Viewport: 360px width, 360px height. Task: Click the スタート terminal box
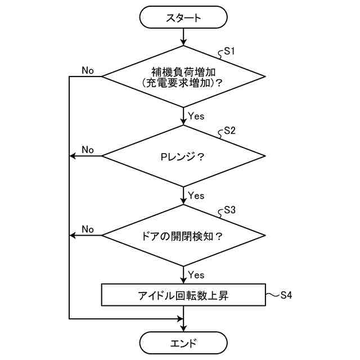click(x=183, y=18)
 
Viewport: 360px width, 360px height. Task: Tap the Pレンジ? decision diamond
click(x=183, y=156)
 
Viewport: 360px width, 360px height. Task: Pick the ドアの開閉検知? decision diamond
click(x=183, y=235)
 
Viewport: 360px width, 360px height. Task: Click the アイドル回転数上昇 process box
click(x=183, y=295)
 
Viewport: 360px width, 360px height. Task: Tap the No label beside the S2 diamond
click(x=88, y=150)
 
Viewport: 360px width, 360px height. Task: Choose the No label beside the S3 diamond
click(x=88, y=229)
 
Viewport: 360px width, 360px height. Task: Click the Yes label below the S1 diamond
click(x=196, y=116)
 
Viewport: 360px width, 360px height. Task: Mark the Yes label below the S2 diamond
click(x=196, y=196)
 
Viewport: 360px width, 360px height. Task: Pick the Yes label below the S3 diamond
click(x=196, y=275)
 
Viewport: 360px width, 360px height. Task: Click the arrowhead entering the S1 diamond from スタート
click(x=183, y=43)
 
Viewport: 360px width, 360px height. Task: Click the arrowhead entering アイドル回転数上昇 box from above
click(x=183, y=281)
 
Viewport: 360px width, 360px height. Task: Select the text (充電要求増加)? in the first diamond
click(x=183, y=83)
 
